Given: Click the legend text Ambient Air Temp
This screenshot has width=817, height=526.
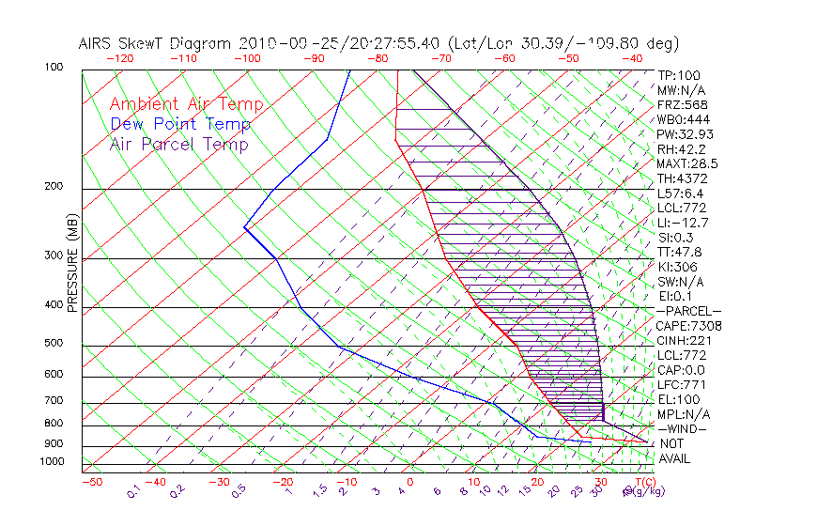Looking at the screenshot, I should pyautogui.click(x=187, y=104).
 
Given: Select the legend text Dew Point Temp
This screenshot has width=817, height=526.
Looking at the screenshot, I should pyautogui.click(x=180, y=124).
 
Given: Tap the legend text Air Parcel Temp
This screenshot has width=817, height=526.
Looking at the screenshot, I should pyautogui.click(x=178, y=144).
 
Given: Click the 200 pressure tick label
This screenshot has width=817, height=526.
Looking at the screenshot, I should pyautogui.click(x=53, y=186).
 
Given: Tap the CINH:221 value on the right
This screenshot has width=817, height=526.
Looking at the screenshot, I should pyautogui.click(x=683, y=340).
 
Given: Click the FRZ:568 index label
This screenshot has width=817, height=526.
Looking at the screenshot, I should pyautogui.click(x=680, y=104).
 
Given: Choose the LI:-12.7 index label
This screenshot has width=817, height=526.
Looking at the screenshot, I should pyautogui.click(x=683, y=223).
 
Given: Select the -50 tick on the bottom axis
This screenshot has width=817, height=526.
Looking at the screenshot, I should pyautogui.click(x=91, y=482).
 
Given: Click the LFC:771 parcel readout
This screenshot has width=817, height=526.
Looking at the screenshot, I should pyautogui.click(x=680, y=384).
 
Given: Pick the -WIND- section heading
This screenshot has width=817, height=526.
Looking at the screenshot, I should pyautogui.click(x=684, y=428).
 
